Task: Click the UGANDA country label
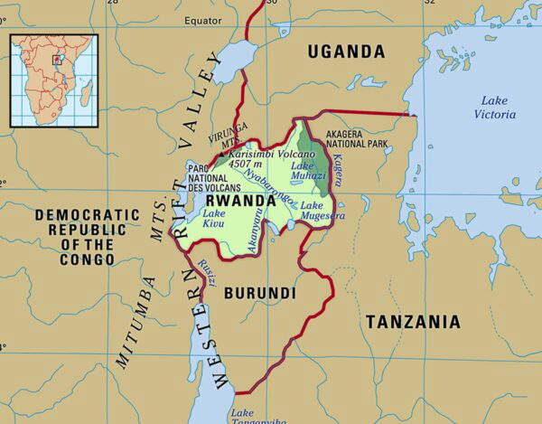click(345, 52)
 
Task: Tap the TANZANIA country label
click(412, 322)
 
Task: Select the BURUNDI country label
click(259, 294)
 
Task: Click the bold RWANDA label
click(242, 200)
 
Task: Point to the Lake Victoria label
click(495, 107)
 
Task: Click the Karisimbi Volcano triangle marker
click(220, 154)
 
